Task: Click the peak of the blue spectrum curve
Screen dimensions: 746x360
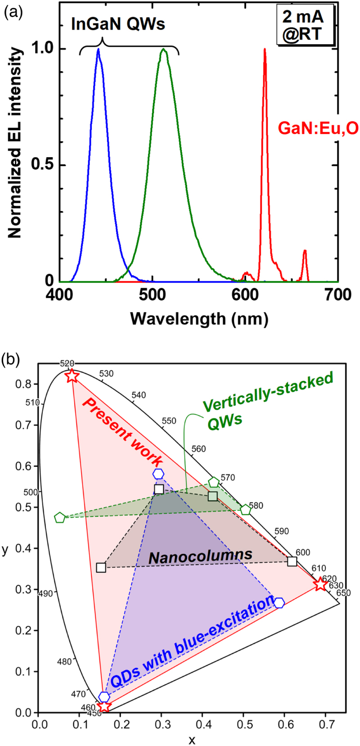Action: [x=98, y=50]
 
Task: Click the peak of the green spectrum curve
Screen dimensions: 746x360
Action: [x=164, y=50]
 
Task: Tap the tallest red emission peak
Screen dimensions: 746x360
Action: [x=265, y=50]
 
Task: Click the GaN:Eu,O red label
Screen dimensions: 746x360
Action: [x=318, y=128]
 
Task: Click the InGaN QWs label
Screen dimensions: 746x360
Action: [x=118, y=24]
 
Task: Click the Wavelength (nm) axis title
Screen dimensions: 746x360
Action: [x=199, y=319]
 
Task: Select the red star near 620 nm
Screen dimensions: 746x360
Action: [x=320, y=584]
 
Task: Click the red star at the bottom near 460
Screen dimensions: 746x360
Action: [x=104, y=706]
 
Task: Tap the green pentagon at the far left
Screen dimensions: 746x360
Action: [x=59, y=518]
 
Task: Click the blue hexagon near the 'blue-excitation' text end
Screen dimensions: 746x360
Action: [x=279, y=603]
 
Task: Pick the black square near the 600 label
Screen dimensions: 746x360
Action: [x=292, y=561]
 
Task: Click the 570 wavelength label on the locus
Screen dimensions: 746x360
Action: [x=228, y=478]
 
